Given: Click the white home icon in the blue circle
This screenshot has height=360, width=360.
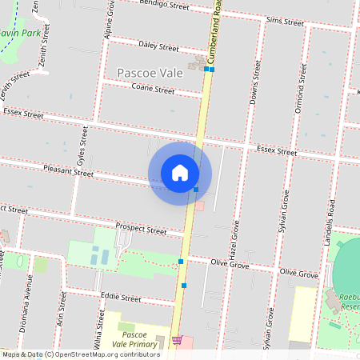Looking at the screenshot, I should pos(180,172).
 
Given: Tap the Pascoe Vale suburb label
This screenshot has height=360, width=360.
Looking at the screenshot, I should pos(150,73).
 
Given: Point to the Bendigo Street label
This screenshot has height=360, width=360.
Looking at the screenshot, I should pos(163,6).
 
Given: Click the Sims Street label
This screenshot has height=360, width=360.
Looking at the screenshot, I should pos(286,19).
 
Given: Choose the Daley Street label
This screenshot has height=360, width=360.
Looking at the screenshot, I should pos(158,47).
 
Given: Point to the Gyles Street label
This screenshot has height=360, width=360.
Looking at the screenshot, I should pos(82,144).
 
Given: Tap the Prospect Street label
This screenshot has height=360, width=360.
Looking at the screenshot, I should pos(141,229).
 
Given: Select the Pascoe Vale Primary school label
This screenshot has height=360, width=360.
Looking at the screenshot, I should pos(138,338).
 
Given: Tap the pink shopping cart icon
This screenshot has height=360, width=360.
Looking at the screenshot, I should pos(177,340).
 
